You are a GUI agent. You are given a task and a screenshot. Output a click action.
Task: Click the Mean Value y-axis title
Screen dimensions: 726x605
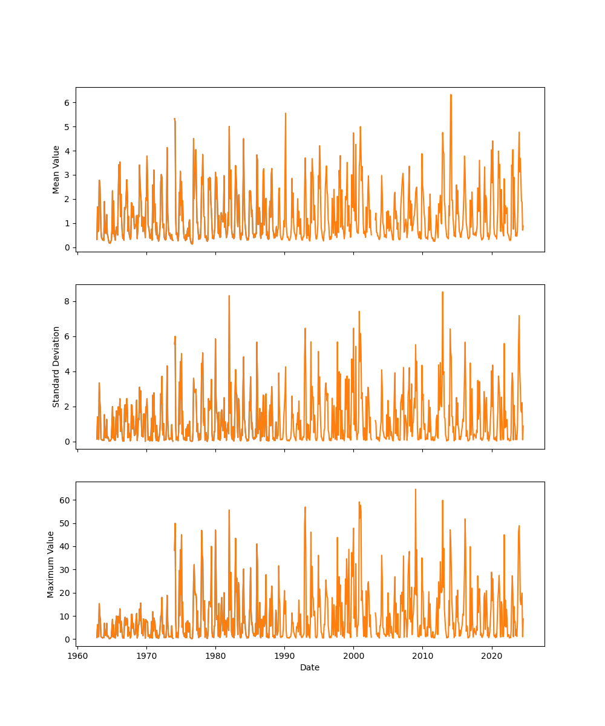click(x=56, y=169)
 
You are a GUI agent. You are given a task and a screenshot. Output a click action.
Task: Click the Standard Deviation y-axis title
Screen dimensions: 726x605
click(x=56, y=367)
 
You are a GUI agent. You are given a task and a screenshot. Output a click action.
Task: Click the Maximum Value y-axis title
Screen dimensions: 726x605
click(x=51, y=564)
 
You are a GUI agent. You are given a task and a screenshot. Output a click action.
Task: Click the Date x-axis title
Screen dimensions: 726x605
click(x=310, y=667)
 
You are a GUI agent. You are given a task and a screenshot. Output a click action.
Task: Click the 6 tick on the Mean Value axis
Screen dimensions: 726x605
click(x=68, y=102)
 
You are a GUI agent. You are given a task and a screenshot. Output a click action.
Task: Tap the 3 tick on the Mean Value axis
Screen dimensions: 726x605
click(x=68, y=175)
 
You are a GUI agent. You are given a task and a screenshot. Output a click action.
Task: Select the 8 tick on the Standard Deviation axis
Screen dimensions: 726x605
click(x=68, y=301)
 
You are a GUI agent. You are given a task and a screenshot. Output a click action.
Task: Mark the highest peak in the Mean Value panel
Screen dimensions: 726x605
click(x=451, y=94)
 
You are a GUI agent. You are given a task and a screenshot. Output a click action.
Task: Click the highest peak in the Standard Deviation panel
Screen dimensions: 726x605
click(x=442, y=292)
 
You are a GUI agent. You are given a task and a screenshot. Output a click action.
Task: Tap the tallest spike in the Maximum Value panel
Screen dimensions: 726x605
click(x=415, y=489)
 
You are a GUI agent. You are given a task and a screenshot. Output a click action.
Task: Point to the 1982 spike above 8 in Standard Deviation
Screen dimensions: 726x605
click(x=229, y=295)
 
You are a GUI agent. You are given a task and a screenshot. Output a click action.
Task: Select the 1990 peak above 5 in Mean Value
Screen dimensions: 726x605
click(x=286, y=113)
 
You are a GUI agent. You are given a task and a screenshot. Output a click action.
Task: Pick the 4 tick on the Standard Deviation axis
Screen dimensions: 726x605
click(x=68, y=371)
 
